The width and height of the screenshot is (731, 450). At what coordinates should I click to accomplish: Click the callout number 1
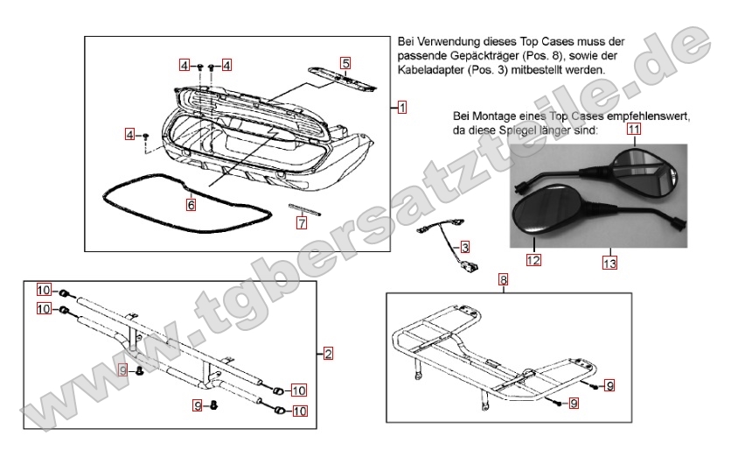(x=401, y=108)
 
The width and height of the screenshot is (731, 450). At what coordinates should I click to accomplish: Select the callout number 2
(x=328, y=354)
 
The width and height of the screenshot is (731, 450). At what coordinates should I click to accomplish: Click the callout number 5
(x=345, y=63)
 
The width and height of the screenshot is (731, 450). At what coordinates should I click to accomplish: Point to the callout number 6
(x=191, y=205)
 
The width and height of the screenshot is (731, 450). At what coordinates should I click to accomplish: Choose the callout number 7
(x=302, y=222)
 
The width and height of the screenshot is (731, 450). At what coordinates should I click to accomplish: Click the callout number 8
(x=503, y=280)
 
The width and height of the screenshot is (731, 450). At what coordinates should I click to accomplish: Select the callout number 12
(x=532, y=259)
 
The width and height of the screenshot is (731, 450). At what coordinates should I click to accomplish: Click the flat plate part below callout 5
(x=340, y=78)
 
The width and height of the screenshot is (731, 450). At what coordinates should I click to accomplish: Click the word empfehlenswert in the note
(x=649, y=116)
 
